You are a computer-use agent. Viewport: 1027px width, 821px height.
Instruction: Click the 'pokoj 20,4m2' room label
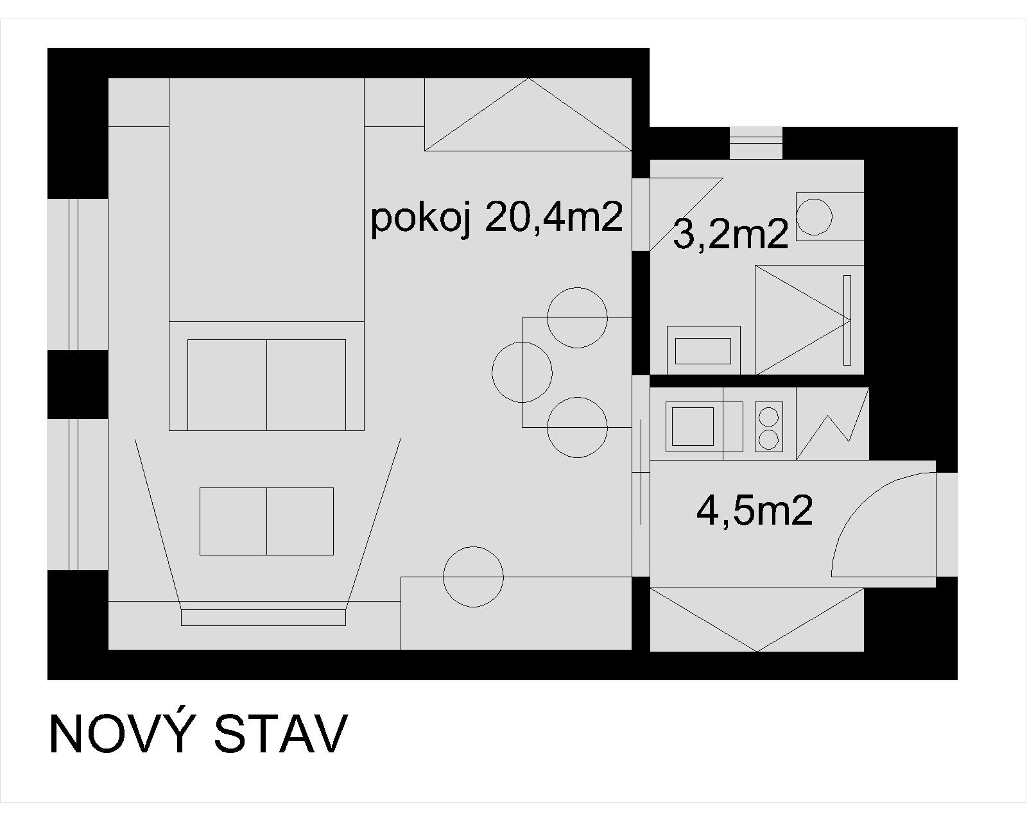pyautogui.click(x=496, y=219)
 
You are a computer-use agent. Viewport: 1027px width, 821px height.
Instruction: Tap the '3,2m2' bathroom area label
pyautogui.click(x=730, y=235)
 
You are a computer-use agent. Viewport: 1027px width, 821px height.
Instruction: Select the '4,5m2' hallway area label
pyautogui.click(x=754, y=511)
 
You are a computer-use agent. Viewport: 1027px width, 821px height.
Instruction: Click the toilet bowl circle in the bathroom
pyautogui.click(x=814, y=217)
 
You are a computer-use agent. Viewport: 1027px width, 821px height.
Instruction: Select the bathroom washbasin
pyautogui.click(x=703, y=351)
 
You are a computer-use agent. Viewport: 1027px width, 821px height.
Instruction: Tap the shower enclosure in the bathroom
pyautogui.click(x=809, y=319)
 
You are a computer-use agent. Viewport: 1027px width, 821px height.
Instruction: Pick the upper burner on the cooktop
pyautogui.click(x=768, y=416)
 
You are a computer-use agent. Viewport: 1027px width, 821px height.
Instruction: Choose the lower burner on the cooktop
pyautogui.click(x=768, y=439)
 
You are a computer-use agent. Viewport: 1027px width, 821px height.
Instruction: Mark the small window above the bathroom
pyautogui.click(x=756, y=143)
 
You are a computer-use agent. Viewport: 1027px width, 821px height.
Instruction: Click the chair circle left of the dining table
pyautogui.click(x=522, y=373)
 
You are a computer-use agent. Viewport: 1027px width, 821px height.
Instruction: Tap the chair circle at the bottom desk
pyautogui.click(x=474, y=577)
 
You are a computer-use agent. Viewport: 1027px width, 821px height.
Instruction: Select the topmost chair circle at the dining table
pyautogui.click(x=578, y=317)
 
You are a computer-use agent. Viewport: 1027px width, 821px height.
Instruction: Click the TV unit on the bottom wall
pyautogui.click(x=263, y=617)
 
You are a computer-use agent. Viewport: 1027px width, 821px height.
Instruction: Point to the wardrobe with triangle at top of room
pyautogui.click(x=528, y=115)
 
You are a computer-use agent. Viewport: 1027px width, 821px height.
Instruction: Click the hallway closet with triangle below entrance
pyautogui.click(x=757, y=620)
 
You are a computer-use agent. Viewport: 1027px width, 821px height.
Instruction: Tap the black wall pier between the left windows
pyautogui.click(x=78, y=384)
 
